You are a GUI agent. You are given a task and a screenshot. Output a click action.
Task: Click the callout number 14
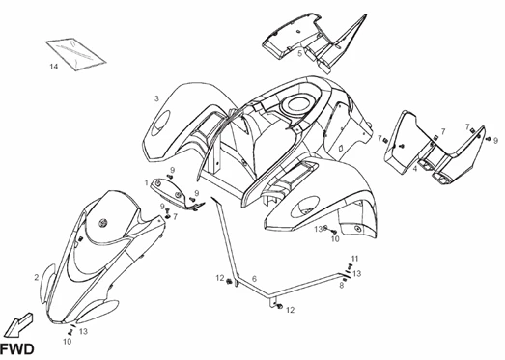coord(54,67)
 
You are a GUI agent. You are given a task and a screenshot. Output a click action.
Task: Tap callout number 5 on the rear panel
coord(299,53)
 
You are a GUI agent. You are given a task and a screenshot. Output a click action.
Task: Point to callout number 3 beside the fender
coord(156,98)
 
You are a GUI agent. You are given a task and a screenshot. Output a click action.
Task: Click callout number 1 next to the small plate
coord(147,181)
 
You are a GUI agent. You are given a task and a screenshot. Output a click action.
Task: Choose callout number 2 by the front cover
coord(37,277)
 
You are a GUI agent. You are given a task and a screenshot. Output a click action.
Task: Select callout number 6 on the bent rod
coord(254,277)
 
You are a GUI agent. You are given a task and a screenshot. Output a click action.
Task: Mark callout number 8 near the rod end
coord(340,286)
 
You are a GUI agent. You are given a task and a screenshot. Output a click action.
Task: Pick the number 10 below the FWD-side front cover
coord(69,341)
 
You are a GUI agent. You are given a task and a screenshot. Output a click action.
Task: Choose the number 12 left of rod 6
coord(219,279)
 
